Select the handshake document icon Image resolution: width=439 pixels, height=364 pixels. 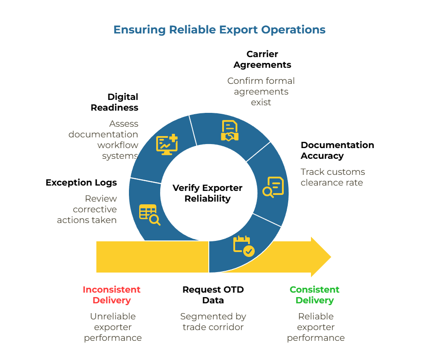click(230, 131)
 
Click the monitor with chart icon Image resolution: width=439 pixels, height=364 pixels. click(167, 145)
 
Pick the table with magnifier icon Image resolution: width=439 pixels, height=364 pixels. click(149, 214)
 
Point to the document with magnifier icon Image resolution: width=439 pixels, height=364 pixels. click(273, 187)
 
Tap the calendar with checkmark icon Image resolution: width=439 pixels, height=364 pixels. click(244, 246)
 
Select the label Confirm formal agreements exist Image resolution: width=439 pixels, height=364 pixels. click(261, 91)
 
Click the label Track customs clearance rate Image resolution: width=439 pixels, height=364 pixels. click(332, 177)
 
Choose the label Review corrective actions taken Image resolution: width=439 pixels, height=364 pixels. click(87, 209)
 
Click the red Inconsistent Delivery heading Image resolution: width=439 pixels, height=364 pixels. click(112, 295)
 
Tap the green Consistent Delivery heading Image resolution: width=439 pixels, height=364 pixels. click(315, 295)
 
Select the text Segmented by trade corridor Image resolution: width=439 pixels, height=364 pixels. click(213, 322)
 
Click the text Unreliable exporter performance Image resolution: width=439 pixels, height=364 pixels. click(113, 327)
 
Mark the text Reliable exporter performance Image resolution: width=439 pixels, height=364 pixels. click(316, 327)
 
